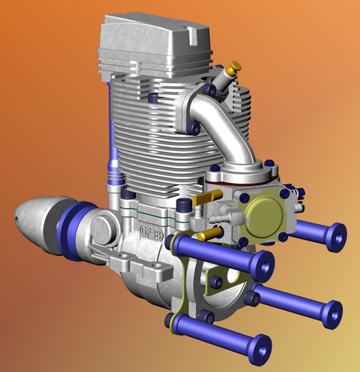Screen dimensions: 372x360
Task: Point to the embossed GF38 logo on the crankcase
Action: coord(154,230)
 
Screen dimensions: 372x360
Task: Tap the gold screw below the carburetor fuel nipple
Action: coord(204,235)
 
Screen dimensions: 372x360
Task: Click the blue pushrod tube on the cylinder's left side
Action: coord(114,155)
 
